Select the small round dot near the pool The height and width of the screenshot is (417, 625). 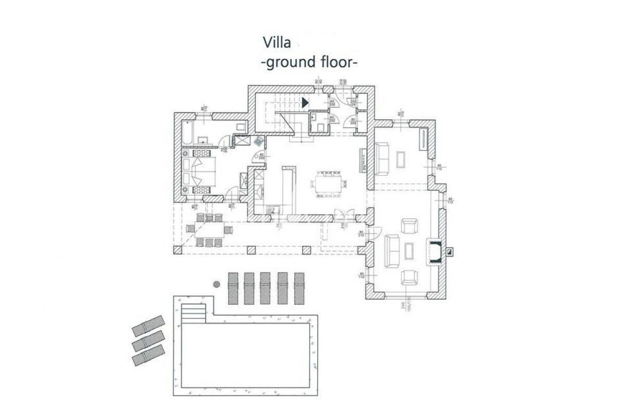(x=216, y=284)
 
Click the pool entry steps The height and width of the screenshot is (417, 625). (x=194, y=313)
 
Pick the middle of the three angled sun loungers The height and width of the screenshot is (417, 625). (x=148, y=341)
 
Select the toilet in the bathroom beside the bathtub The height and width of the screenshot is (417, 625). (x=240, y=127)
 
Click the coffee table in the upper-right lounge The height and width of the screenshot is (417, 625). (x=401, y=158)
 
